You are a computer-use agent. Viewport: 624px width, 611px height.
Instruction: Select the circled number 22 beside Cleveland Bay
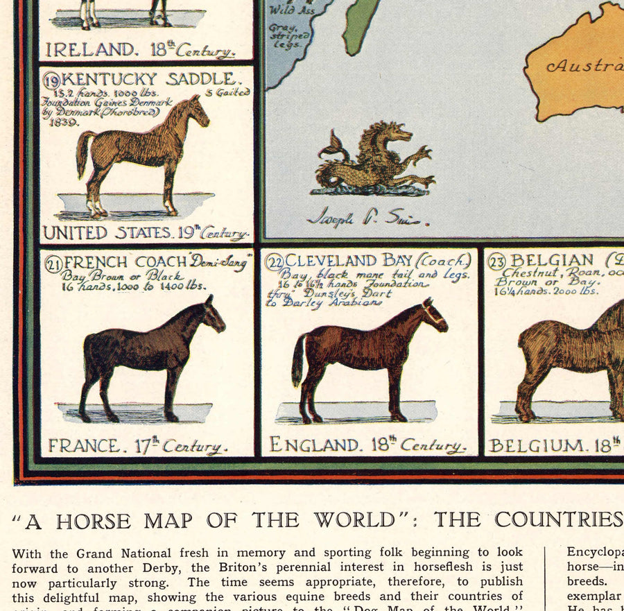click(x=275, y=261)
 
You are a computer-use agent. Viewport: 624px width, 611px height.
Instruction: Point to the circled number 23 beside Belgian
click(x=496, y=261)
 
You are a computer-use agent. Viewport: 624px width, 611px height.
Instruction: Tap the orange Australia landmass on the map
click(x=575, y=66)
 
